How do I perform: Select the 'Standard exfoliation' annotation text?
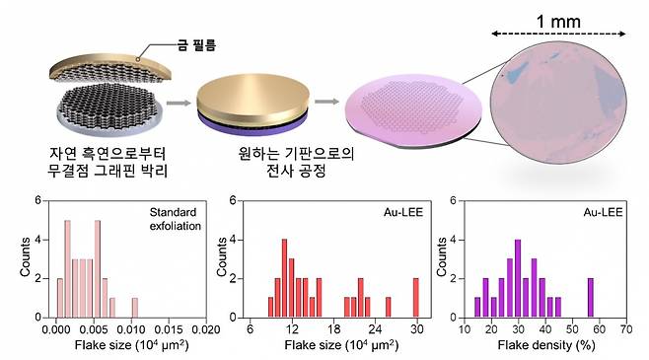click(x=174, y=219)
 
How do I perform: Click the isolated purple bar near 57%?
click(x=591, y=294)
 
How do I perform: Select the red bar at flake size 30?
click(x=416, y=294)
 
